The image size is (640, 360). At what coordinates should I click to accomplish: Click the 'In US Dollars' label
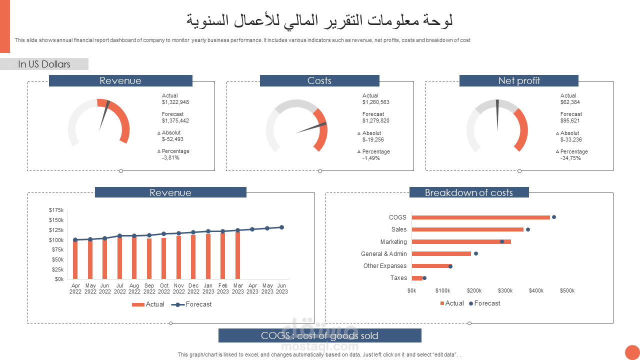(x=44, y=64)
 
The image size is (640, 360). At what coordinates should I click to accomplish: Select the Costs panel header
(x=319, y=81)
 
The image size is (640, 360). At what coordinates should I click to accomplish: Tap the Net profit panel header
(x=518, y=81)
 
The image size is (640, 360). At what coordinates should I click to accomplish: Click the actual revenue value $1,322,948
(x=175, y=102)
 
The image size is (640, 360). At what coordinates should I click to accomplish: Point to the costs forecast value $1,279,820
(x=376, y=120)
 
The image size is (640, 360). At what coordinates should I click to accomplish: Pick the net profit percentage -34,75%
(x=570, y=158)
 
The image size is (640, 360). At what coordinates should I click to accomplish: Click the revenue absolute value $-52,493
(x=172, y=139)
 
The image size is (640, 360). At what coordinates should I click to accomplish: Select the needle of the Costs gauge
(x=311, y=127)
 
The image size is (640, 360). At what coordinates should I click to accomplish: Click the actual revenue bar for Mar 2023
(x=237, y=255)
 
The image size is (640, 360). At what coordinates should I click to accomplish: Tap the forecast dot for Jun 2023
(x=282, y=227)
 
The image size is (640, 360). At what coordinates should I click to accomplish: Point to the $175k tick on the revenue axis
(x=56, y=210)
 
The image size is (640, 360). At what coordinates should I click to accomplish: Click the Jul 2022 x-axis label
(x=119, y=288)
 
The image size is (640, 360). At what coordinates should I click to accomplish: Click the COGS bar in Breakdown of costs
(x=480, y=217)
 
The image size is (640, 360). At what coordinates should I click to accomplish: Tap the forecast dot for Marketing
(x=502, y=241)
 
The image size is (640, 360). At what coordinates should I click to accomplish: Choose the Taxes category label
(x=398, y=278)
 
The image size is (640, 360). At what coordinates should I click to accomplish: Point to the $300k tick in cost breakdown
(x=505, y=290)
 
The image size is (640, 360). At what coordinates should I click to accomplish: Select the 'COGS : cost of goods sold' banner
(x=319, y=335)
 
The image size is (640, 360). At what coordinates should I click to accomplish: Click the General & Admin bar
(x=441, y=253)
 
